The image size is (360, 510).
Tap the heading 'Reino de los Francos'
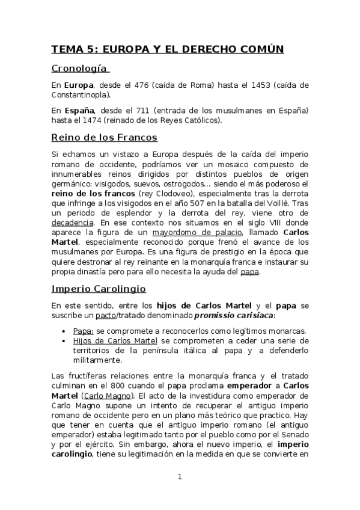[x=105, y=137]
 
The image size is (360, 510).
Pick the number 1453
[x=258, y=85]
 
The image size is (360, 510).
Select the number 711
[x=153, y=111]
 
